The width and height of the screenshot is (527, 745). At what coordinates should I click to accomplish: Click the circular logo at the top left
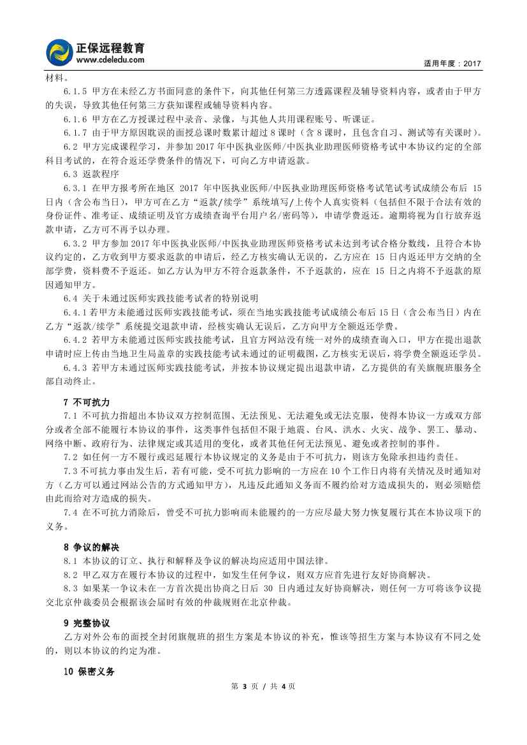point(60,53)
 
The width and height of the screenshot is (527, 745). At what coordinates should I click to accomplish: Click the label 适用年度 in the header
point(439,64)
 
